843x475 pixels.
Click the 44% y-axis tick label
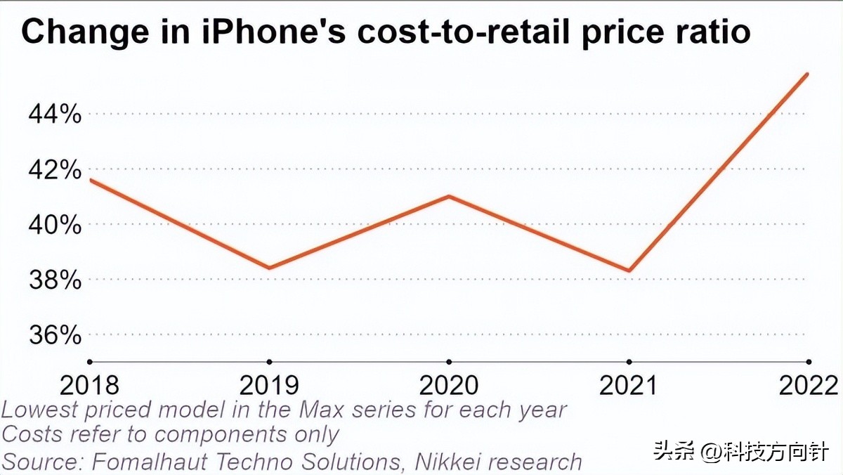[x=55, y=114]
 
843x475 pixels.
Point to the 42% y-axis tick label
[x=55, y=169]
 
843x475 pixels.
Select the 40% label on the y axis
[x=55, y=225]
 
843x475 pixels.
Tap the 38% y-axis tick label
[x=55, y=280]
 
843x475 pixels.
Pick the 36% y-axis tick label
[x=55, y=335]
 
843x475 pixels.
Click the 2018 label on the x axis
[x=89, y=385]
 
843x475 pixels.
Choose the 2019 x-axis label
[x=269, y=385]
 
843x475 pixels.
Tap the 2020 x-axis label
[x=449, y=385]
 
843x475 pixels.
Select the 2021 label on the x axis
[x=629, y=385]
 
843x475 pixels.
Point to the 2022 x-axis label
[x=808, y=385]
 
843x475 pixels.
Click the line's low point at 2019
[x=269, y=268]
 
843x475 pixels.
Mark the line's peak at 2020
[x=449, y=196]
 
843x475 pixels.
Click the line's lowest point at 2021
[x=629, y=271]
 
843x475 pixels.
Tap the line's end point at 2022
[x=808, y=73]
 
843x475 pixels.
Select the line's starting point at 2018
[x=90, y=180]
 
